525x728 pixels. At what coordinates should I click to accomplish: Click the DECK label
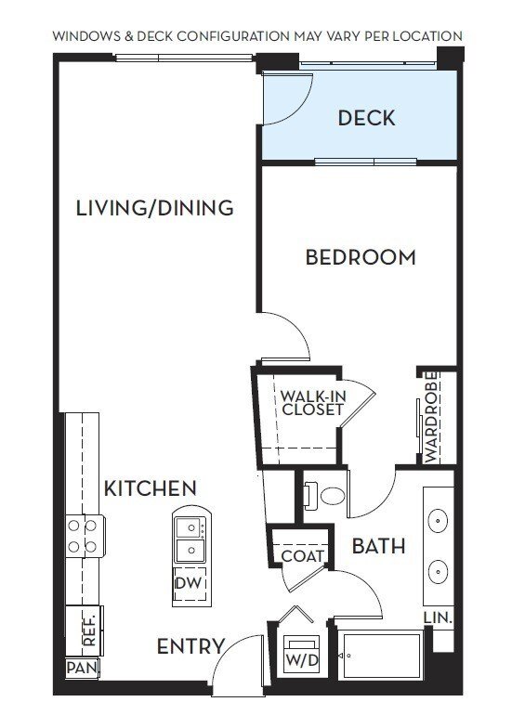[366, 118]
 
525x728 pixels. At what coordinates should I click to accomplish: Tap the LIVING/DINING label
[154, 207]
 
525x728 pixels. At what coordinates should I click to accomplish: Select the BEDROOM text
[361, 257]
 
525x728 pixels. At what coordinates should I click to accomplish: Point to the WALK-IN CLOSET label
[312, 403]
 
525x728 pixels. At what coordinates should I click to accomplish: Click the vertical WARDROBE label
[431, 417]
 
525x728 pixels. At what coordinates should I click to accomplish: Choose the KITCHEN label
[150, 488]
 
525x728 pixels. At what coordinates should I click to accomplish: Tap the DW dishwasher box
[189, 584]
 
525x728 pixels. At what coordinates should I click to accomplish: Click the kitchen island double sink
[190, 539]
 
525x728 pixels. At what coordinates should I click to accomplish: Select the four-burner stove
[81, 536]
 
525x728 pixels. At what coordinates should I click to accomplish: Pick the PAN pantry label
[82, 669]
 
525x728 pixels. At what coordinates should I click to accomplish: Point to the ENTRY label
[190, 646]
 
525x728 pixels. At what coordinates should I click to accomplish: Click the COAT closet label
[303, 556]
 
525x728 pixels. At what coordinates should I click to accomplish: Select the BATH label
[378, 546]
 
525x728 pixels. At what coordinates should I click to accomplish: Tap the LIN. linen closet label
[437, 617]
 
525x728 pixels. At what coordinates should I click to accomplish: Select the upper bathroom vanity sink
[438, 520]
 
